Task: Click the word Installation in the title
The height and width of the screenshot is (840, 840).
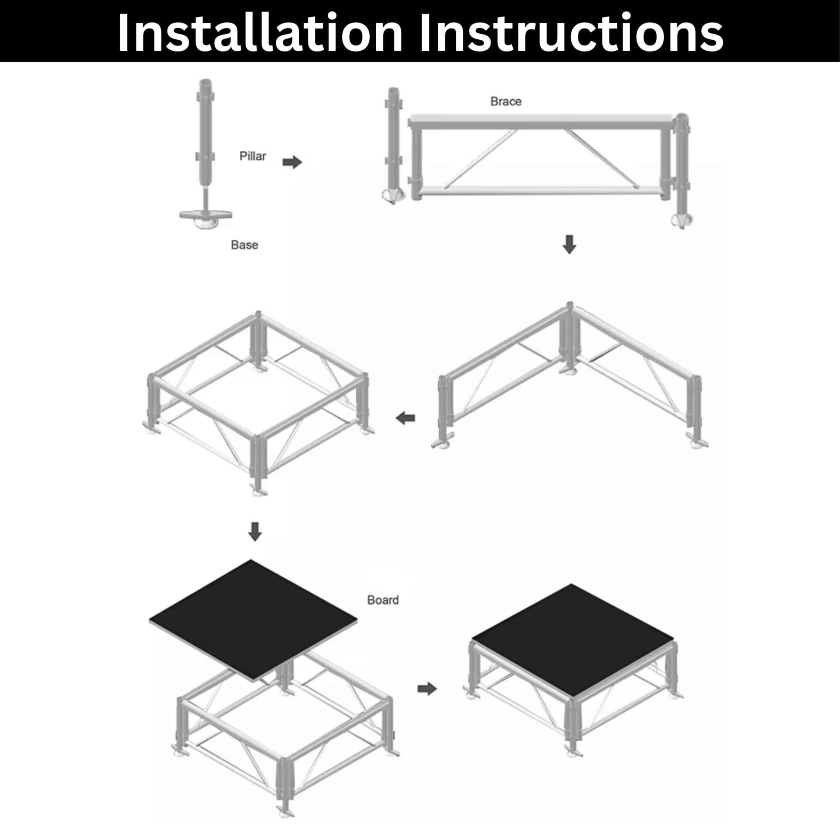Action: tap(260, 33)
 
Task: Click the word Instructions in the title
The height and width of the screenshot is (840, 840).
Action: tap(571, 33)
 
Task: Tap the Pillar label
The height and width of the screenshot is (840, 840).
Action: tap(252, 156)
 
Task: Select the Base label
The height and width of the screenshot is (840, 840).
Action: tap(245, 245)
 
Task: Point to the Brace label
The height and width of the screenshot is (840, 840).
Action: tap(506, 101)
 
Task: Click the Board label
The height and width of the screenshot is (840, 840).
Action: tap(383, 600)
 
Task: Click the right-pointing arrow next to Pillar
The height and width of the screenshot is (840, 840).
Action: tap(292, 163)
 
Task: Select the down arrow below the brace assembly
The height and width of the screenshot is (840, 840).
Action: tap(569, 245)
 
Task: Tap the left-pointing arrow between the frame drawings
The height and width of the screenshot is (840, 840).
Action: tap(405, 418)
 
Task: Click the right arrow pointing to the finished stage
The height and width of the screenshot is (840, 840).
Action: tap(427, 701)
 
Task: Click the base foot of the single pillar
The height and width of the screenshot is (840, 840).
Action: tap(206, 218)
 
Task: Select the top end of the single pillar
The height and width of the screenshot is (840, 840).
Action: tap(205, 82)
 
